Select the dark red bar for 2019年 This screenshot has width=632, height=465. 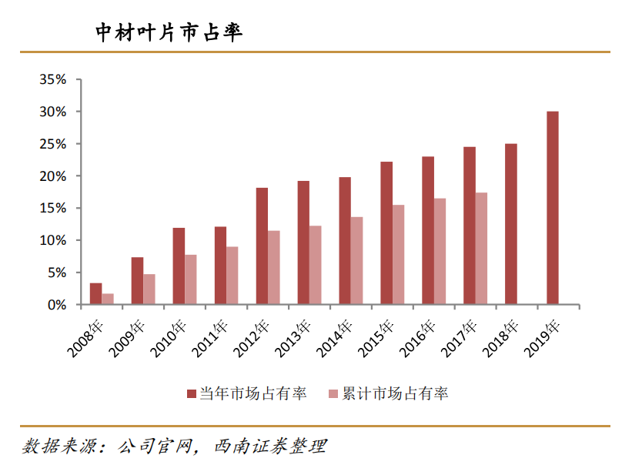553,208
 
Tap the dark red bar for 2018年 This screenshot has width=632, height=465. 511,224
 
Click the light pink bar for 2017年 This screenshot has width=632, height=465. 481,249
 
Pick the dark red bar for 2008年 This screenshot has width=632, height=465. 95,294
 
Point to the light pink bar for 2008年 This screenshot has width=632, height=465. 108,299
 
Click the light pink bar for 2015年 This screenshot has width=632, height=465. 398,255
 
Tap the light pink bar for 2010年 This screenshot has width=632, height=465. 191,279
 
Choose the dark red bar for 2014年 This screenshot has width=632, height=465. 345,241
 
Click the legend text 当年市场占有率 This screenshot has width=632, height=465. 253,394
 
